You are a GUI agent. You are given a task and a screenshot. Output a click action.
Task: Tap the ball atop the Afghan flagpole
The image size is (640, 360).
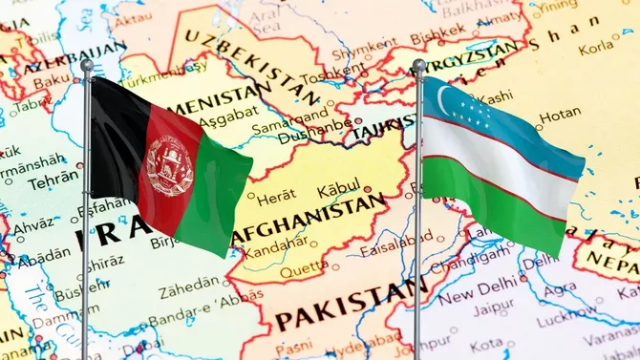[x=87, y=66]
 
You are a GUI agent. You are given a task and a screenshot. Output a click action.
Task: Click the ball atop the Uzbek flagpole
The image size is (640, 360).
[x=418, y=66]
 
